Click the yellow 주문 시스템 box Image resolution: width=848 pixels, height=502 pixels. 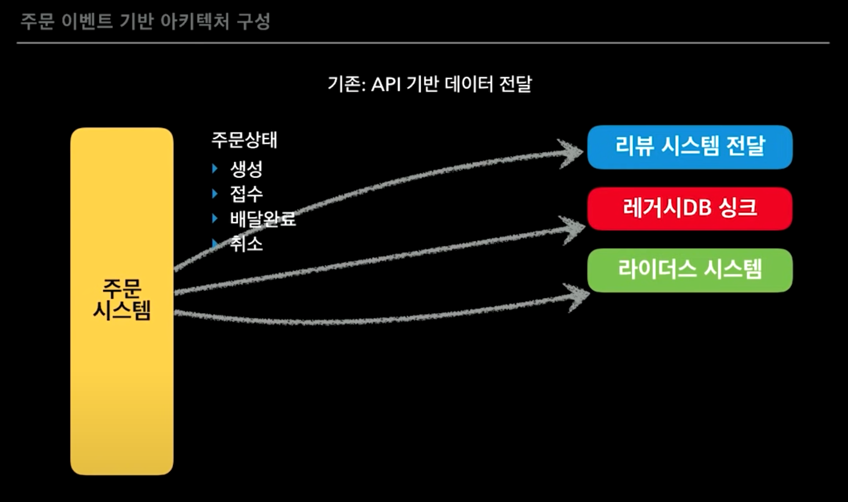(x=122, y=301)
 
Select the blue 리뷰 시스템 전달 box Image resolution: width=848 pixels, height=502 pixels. (x=690, y=147)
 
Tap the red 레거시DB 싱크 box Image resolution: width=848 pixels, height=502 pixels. (x=690, y=209)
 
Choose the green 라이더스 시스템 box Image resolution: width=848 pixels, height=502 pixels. (x=690, y=270)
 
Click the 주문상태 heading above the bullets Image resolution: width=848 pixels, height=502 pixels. (x=245, y=140)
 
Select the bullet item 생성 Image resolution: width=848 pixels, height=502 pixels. (x=246, y=168)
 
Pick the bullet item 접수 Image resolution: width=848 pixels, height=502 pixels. (x=246, y=194)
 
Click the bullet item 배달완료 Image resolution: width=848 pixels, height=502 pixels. (x=263, y=219)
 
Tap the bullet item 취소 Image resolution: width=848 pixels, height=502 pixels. (x=246, y=244)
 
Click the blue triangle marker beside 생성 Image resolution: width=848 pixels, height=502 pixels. (x=215, y=168)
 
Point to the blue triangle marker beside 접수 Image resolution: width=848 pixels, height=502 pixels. (x=215, y=194)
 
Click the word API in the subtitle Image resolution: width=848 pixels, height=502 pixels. (x=386, y=84)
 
